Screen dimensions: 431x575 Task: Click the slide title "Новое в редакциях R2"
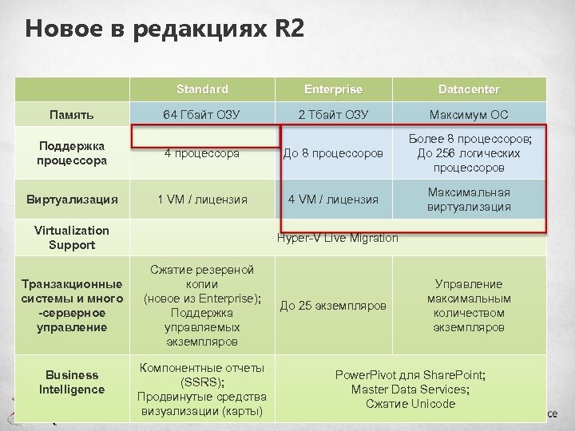165,30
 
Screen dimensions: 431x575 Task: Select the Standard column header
202,89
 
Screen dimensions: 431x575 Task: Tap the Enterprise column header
333,89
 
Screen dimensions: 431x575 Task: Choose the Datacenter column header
469,89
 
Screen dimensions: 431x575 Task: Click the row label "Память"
72,114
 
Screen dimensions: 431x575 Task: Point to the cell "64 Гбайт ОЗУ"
202,114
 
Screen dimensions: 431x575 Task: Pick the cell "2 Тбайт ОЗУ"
333,114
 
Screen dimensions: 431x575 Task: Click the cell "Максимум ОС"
469,114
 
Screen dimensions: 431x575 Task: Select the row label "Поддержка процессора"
72,153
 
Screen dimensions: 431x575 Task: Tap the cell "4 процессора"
202,153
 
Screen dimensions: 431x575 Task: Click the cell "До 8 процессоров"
333,153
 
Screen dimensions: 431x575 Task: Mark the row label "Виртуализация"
72,200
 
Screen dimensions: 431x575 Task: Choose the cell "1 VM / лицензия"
202,200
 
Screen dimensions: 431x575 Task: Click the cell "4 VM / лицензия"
333,200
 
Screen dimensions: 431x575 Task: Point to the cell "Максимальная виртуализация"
469,200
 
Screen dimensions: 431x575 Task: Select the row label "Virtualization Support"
72,238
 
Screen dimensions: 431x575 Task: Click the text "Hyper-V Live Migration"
337,238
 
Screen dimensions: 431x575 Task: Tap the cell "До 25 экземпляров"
333,306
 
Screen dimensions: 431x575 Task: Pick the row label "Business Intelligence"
72,382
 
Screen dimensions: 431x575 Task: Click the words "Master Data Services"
409,389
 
